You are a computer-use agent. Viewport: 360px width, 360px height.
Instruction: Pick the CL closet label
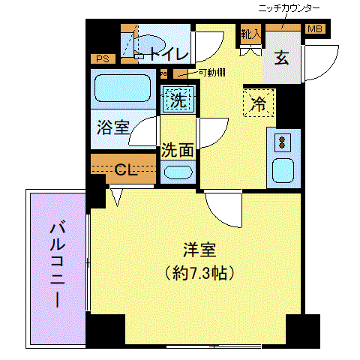(124, 169)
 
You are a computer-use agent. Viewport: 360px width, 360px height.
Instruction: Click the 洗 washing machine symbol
(178, 99)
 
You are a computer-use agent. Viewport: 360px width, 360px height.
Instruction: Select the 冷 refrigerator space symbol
(259, 104)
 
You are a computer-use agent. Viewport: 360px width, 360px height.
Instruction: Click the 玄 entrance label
(281, 58)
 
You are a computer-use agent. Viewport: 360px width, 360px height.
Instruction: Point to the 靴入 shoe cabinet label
(250, 34)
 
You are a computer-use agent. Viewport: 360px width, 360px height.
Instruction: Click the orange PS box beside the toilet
(100, 58)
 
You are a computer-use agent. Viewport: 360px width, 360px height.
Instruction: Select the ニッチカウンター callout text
(288, 7)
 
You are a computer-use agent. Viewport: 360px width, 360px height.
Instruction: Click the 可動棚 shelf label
(212, 73)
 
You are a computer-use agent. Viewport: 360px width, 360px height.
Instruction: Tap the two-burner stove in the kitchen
(283, 142)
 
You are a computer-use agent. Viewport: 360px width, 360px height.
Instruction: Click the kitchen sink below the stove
(283, 169)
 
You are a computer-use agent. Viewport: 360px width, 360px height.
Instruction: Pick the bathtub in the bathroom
(123, 88)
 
